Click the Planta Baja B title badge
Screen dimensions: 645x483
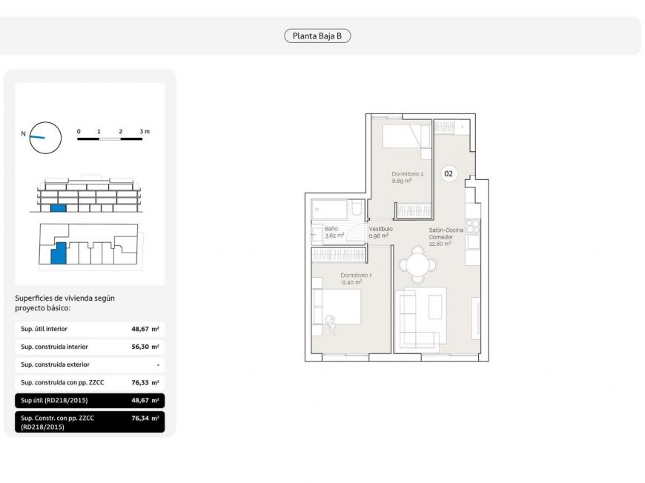(317, 36)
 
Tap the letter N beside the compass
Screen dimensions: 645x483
(24, 133)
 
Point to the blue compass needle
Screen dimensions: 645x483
(37, 137)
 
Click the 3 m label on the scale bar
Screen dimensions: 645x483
(145, 132)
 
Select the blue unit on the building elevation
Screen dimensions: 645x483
(58, 208)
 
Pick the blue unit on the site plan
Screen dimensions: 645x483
(59, 253)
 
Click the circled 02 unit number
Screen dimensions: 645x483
(449, 174)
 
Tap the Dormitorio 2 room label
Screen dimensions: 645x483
(408, 174)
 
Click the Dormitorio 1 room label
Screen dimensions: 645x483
(356, 276)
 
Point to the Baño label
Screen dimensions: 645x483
(331, 229)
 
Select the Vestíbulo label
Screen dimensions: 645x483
(380, 229)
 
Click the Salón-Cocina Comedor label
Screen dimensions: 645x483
(446, 233)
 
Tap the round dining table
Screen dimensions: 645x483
(418, 264)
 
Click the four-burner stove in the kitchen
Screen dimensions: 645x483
(473, 227)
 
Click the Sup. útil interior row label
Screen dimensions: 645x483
(44, 329)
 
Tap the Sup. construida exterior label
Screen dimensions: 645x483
(55, 364)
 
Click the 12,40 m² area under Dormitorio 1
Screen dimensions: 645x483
(351, 282)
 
